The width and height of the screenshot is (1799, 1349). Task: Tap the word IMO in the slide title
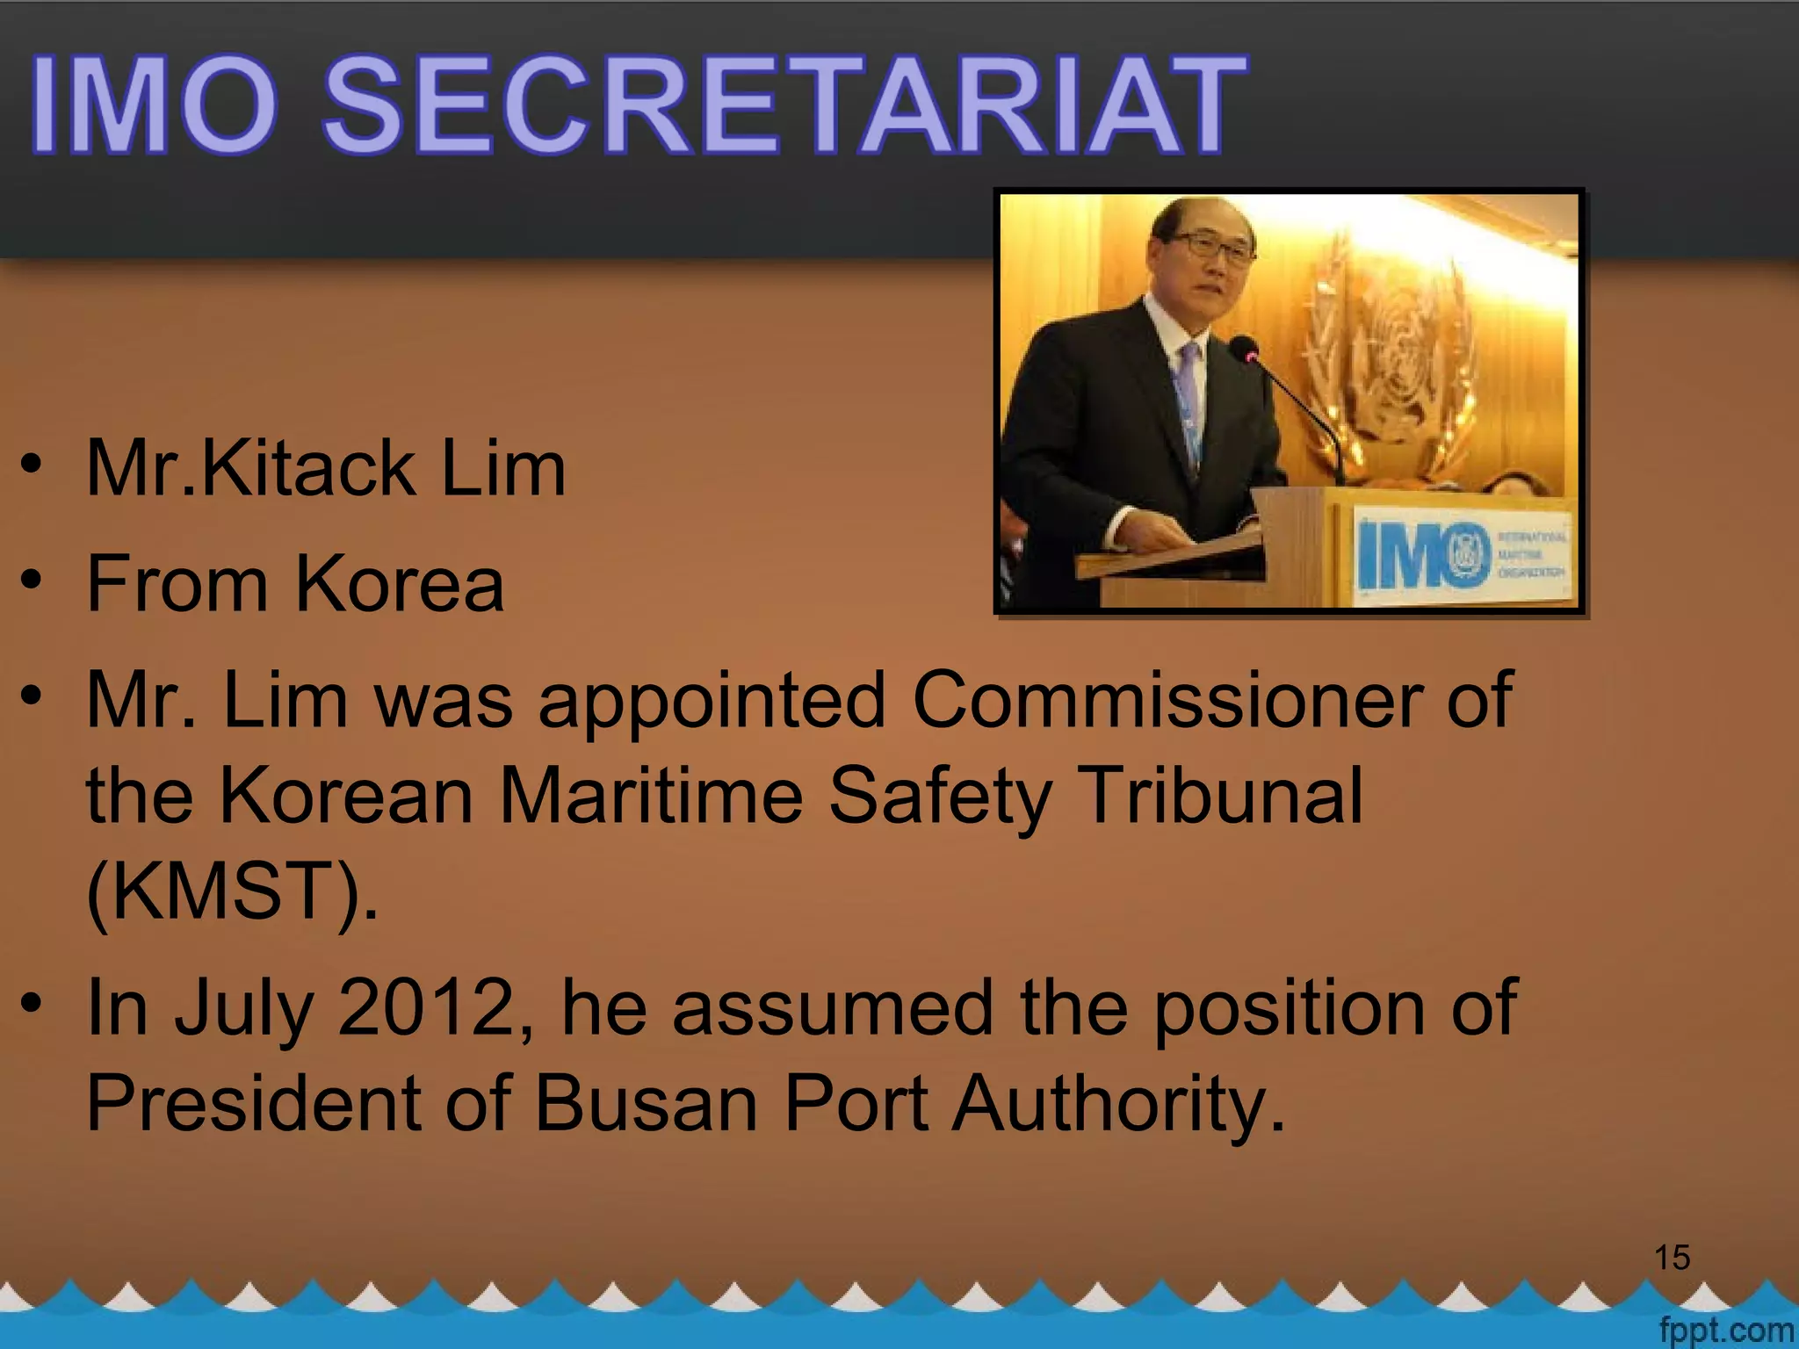point(155,105)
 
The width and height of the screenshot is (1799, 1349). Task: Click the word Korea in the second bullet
point(400,584)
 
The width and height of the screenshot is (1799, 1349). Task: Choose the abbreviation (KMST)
point(233,891)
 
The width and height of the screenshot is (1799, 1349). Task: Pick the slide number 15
point(1673,1258)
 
